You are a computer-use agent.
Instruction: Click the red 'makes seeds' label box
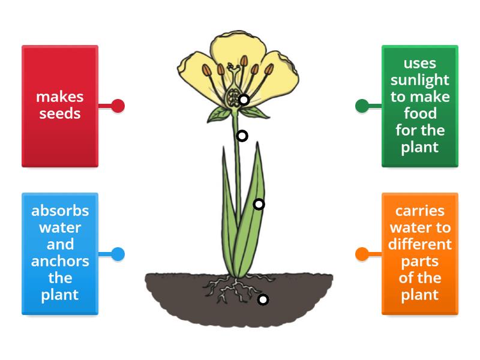click(60, 106)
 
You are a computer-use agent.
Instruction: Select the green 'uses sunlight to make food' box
click(420, 106)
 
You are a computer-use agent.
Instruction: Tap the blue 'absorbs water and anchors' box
click(60, 253)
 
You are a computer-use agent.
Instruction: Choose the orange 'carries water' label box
click(420, 253)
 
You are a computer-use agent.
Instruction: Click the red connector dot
click(118, 106)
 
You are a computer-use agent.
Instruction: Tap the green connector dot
click(362, 106)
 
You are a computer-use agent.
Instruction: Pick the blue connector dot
click(118, 254)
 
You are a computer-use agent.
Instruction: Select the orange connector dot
click(362, 254)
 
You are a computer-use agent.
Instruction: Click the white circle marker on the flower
click(244, 100)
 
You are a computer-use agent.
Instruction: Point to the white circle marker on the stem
click(242, 136)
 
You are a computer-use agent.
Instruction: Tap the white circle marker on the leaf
click(259, 205)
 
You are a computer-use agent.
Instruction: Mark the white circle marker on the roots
click(263, 299)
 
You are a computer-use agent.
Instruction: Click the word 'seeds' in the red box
click(60, 114)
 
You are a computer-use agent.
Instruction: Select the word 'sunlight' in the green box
click(420, 80)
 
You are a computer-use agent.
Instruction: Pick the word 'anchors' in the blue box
click(60, 262)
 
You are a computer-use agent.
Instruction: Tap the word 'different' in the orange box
click(420, 245)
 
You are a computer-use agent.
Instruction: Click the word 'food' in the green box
click(420, 114)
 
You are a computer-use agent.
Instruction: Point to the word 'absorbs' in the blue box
click(60, 211)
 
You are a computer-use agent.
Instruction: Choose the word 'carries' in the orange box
click(420, 211)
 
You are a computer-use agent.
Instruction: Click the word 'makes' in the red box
click(60, 97)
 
